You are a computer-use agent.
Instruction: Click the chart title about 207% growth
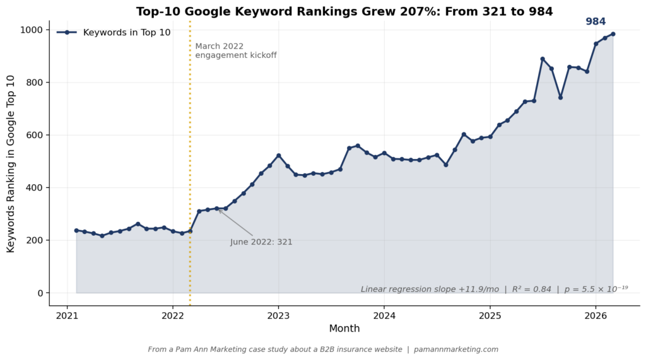click(x=344, y=11)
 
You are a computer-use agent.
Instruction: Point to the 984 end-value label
click(x=596, y=21)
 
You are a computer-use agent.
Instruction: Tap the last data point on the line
click(x=613, y=34)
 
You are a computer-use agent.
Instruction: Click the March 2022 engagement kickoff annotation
click(x=235, y=51)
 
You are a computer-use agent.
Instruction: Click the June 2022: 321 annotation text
click(x=261, y=242)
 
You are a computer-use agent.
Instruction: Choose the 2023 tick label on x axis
click(x=278, y=315)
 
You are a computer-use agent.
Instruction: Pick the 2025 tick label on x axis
click(x=490, y=315)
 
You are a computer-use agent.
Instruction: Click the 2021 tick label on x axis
click(x=67, y=315)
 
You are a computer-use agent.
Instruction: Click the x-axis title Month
click(x=344, y=328)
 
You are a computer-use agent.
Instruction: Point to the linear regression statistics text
click(x=494, y=289)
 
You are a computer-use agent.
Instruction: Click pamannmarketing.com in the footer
click(x=456, y=349)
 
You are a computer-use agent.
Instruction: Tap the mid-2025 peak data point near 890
click(x=543, y=59)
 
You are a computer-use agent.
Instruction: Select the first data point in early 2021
click(x=76, y=231)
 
